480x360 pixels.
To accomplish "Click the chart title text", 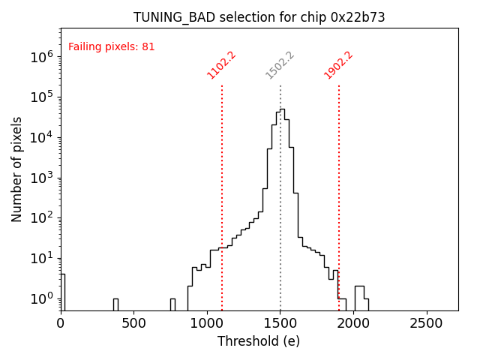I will click(259, 17).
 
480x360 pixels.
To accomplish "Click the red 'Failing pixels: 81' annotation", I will click(111, 46).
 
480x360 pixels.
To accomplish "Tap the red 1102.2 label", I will click(221, 64).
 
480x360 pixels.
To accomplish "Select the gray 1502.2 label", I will click(280, 64).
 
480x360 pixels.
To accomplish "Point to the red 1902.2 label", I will click(338, 64).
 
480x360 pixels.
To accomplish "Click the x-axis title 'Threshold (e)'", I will click(259, 341).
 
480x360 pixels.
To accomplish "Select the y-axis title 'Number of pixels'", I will click(17, 169).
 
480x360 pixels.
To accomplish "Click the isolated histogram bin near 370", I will click(115, 304).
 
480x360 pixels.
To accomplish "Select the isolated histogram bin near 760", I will click(172, 304).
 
